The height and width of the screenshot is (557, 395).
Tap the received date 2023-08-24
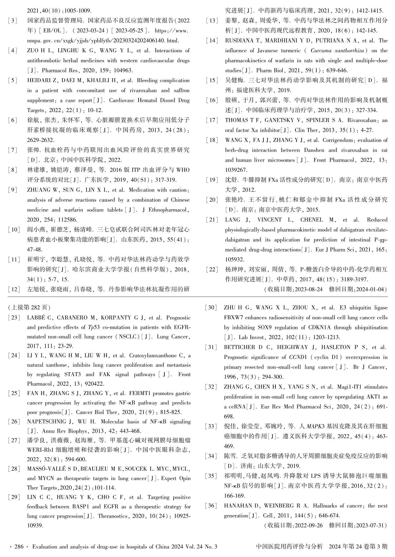click(x=307, y=289)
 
